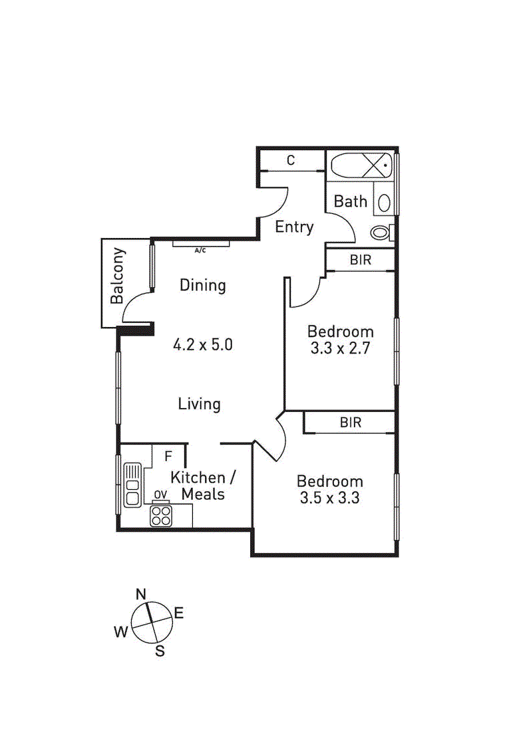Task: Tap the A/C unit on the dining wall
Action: [201, 243]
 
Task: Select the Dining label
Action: [203, 285]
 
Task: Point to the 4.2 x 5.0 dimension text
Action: [202, 345]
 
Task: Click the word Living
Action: [200, 403]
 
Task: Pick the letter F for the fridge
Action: [168, 457]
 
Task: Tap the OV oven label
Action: [160, 494]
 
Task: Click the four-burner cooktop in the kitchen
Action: [160, 515]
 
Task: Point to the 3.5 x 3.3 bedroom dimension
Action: [329, 497]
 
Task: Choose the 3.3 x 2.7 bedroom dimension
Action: [340, 348]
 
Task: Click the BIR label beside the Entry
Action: [361, 260]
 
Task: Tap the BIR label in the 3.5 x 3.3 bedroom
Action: [350, 422]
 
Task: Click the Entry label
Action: [294, 227]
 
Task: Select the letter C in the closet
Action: [291, 160]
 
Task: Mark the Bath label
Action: [351, 201]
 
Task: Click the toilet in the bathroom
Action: [381, 233]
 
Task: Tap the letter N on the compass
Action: [141, 594]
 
